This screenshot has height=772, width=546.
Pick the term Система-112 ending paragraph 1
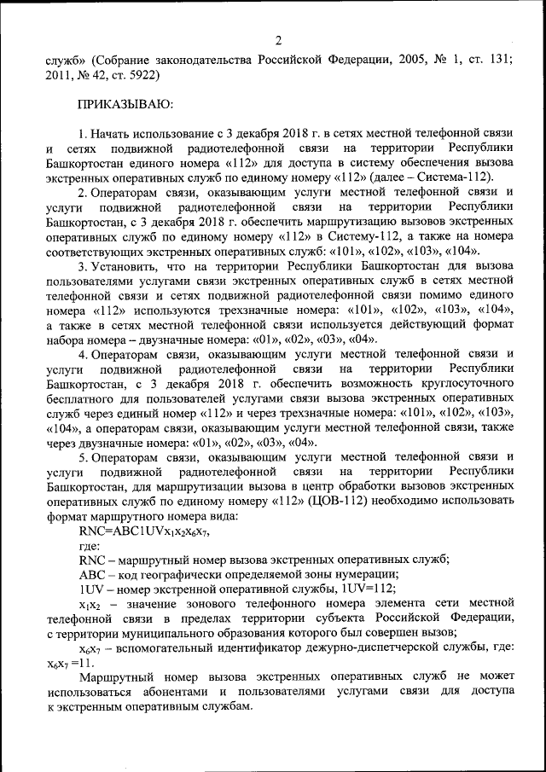[x=460, y=177]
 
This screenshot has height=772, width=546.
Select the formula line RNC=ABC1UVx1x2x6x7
[x=142, y=531]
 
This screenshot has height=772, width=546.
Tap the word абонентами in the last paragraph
[x=166, y=692]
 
